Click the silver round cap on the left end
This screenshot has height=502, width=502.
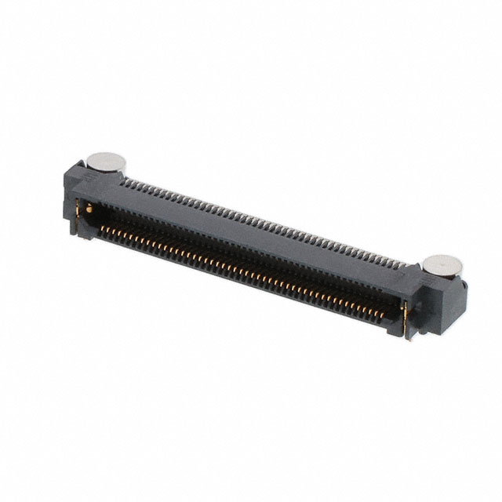(107, 162)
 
